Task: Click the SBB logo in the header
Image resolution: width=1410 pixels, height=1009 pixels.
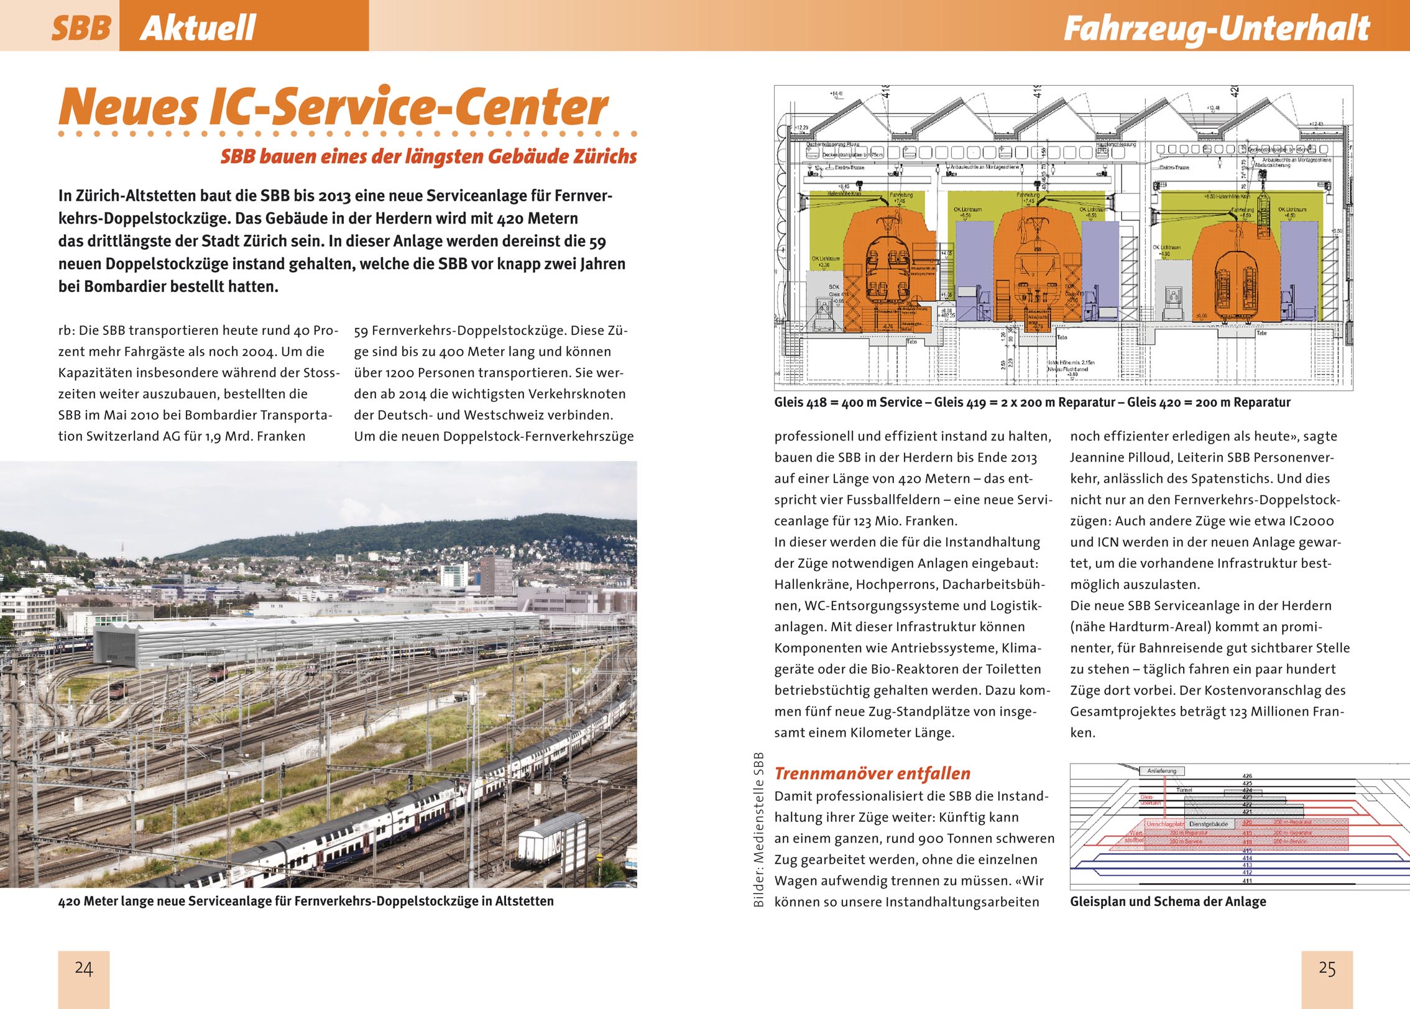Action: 81,28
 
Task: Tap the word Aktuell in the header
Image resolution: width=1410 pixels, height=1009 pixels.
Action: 198,28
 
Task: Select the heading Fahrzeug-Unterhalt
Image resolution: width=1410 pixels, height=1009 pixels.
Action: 1217,28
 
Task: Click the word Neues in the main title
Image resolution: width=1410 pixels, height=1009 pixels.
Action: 128,107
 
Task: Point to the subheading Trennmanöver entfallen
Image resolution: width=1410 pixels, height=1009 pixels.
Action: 872,774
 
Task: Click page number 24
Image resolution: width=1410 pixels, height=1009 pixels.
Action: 84,969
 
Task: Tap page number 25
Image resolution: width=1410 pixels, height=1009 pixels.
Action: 1327,969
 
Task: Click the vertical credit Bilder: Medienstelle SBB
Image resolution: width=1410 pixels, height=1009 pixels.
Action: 758,829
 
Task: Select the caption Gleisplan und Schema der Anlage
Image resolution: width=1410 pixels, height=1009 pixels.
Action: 1168,902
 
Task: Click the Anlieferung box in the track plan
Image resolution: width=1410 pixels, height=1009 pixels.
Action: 1162,771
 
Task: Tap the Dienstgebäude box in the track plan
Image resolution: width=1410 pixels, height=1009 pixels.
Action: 1208,824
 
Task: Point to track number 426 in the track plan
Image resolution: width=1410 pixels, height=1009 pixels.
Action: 1247,776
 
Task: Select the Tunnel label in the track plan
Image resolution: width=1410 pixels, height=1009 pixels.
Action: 1184,790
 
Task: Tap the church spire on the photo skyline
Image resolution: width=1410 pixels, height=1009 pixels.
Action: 122,549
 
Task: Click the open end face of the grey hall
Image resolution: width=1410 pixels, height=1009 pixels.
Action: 116,646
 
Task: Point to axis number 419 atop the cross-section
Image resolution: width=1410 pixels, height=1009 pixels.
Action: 1036,93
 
